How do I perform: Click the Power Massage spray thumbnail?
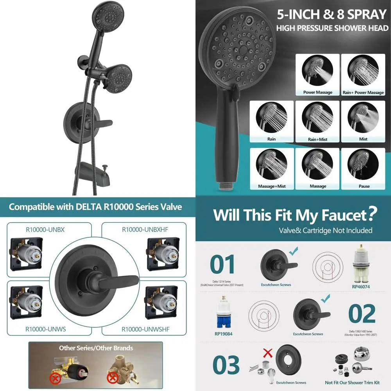(317, 72)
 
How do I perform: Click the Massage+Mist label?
(272, 186)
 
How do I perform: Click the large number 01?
(222, 264)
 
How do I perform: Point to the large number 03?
(226, 365)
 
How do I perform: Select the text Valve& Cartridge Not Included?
(325, 231)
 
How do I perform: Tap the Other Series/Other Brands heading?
(96, 348)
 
